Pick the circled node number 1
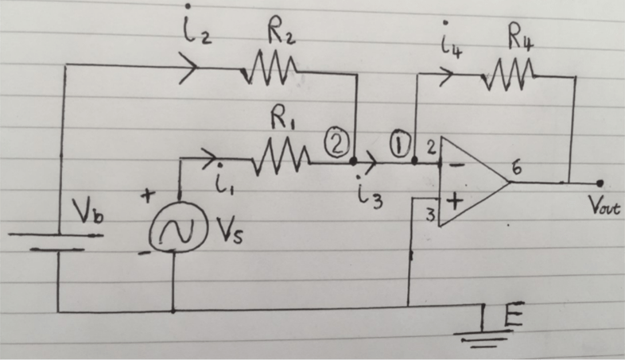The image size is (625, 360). (x=400, y=144)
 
